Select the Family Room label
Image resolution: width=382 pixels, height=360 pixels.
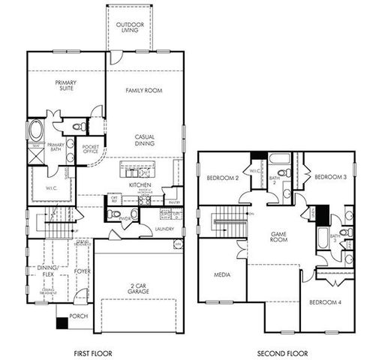click(144, 91)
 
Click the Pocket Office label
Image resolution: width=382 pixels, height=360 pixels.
click(91, 149)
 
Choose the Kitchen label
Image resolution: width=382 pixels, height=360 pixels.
click(140, 184)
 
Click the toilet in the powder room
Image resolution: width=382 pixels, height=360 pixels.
click(113, 214)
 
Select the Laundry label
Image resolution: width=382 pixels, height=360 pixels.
click(164, 229)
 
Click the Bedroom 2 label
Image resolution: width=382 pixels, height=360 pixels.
click(222, 178)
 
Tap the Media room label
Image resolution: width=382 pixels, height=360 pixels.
click(221, 274)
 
